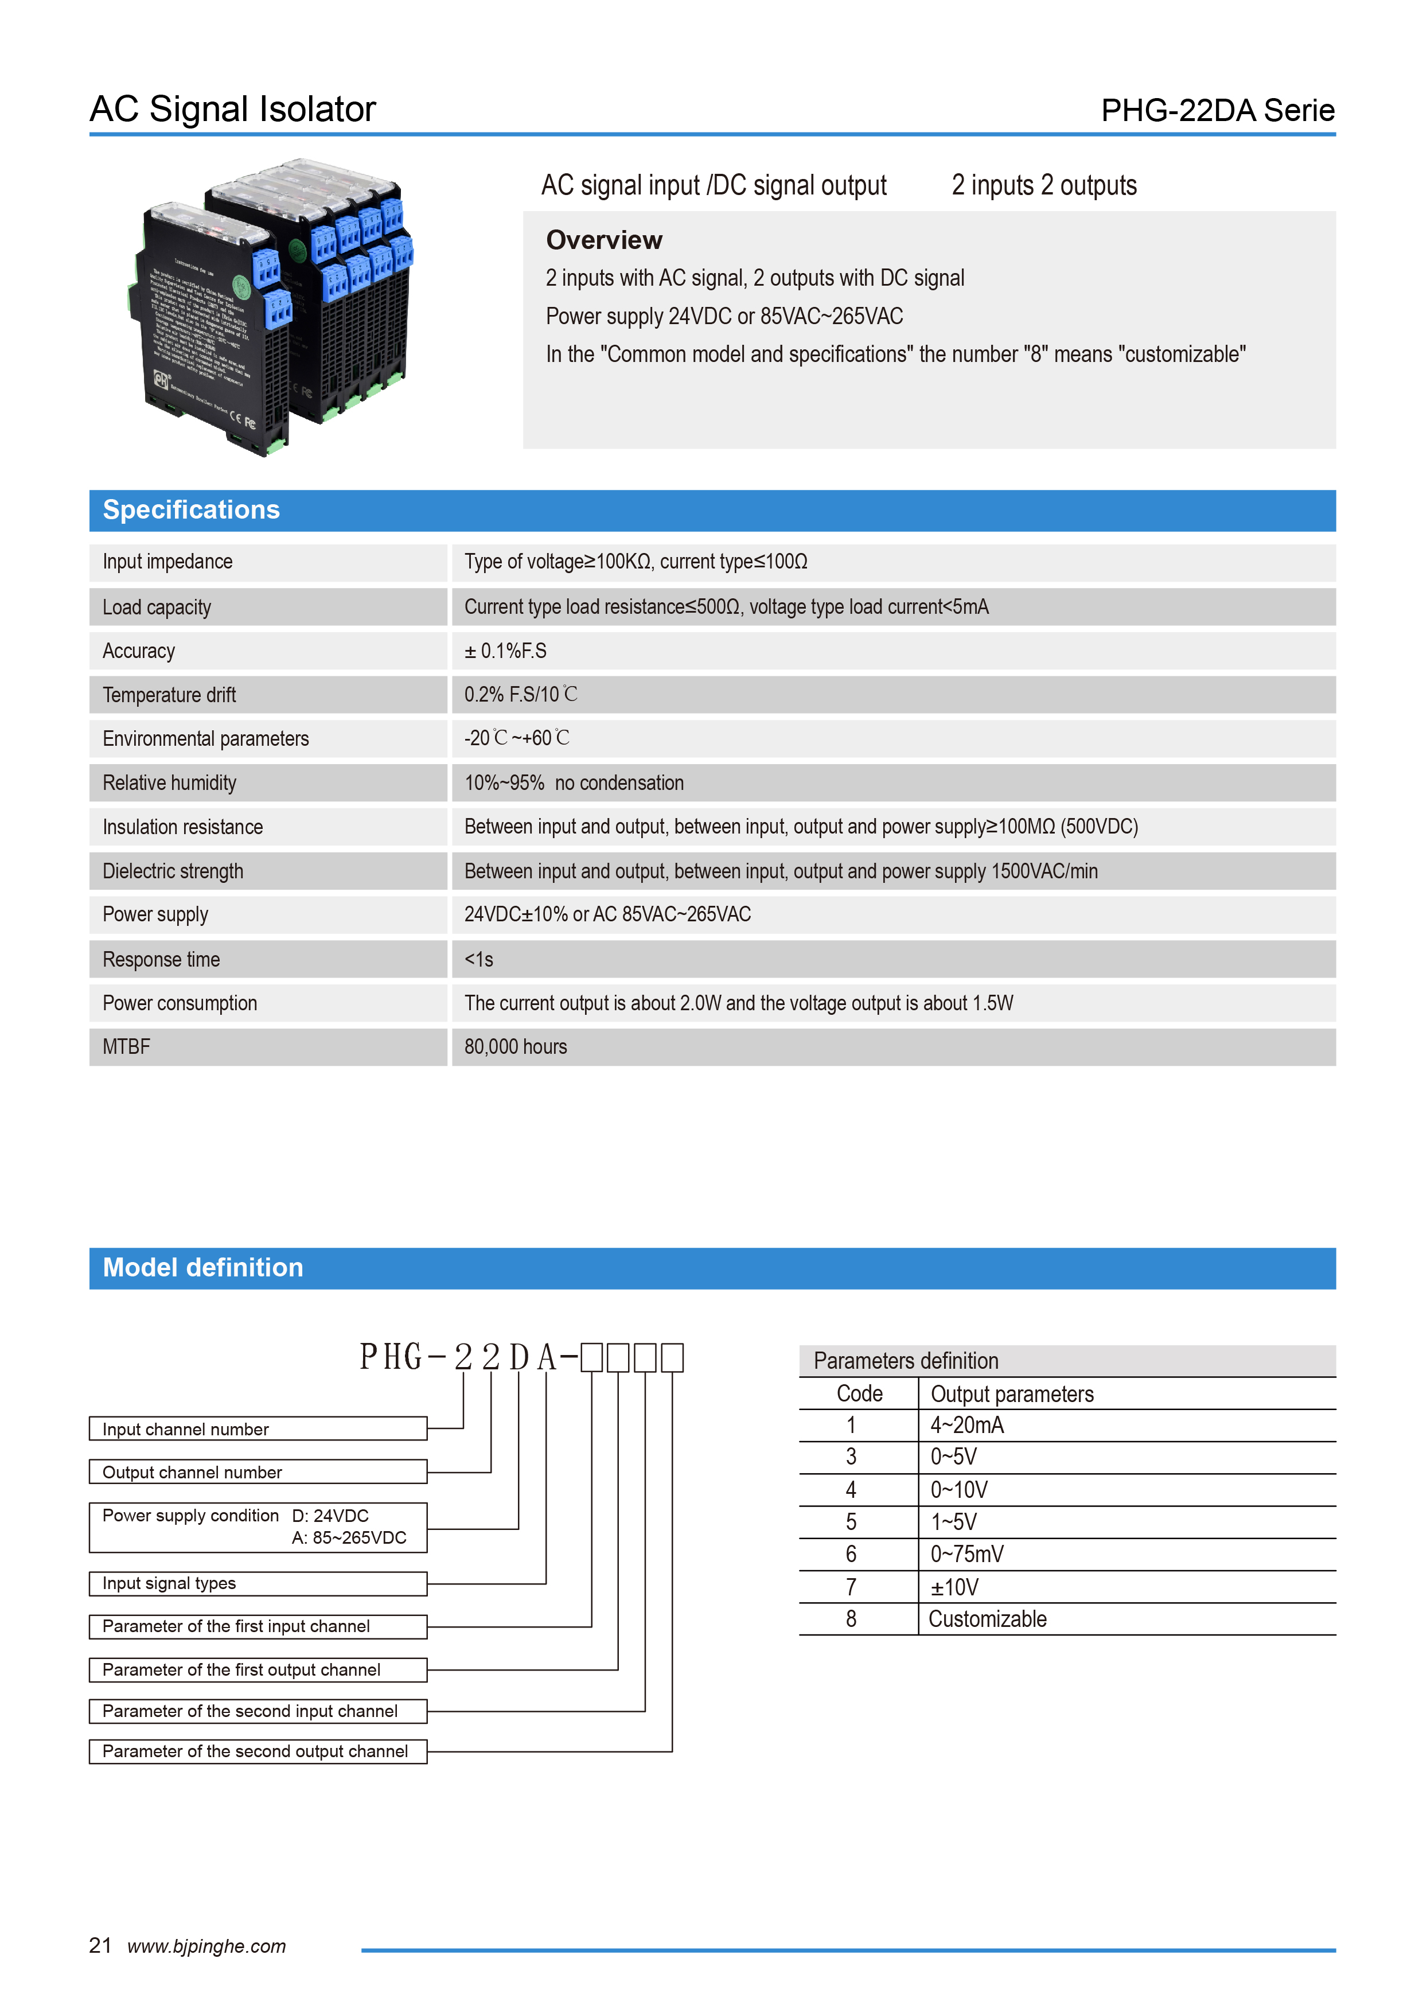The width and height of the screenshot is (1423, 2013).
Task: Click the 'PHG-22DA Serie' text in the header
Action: click(x=1217, y=111)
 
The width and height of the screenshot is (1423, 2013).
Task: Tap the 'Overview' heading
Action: click(x=604, y=240)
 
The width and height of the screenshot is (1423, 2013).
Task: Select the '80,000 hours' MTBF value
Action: click(x=516, y=1047)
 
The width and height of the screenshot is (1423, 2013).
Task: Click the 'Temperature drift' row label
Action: click(x=169, y=695)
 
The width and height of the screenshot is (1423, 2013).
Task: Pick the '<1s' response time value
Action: click(x=479, y=960)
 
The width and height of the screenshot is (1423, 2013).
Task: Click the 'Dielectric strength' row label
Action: click(x=173, y=871)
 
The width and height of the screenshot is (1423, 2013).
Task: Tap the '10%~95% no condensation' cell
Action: click(x=574, y=783)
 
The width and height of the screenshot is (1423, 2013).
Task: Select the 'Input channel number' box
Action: click(x=258, y=1429)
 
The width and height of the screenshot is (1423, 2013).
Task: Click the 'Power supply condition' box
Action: click(x=258, y=1527)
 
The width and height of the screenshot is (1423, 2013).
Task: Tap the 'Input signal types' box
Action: click(x=258, y=1583)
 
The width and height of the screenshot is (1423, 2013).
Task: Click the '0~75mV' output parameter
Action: click(x=967, y=1555)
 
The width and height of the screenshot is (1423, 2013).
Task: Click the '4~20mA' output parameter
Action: click(x=967, y=1426)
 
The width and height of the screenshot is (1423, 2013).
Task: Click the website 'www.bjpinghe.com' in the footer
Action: click(x=207, y=1946)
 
